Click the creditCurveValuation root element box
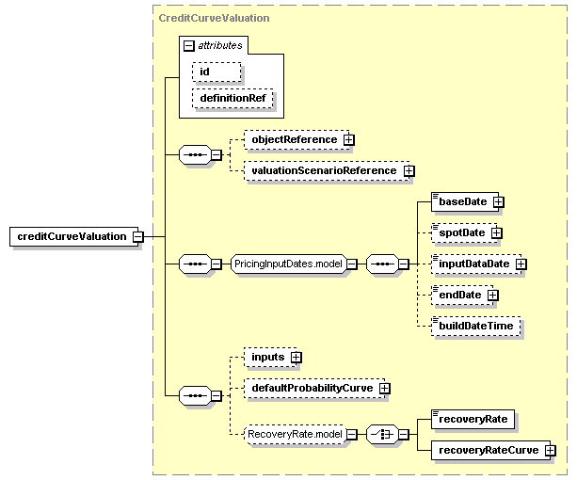click(73, 236)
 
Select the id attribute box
click(216, 72)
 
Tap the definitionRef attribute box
click(232, 98)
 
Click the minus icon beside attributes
click(188, 45)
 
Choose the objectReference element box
click(297, 140)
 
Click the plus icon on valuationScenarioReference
click(409, 171)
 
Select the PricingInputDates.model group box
click(288, 264)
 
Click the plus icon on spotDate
click(496, 233)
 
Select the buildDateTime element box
click(475, 326)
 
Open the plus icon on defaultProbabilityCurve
click(385, 389)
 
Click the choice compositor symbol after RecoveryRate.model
click(382, 435)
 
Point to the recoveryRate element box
click(473, 420)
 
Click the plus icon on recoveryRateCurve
click(550, 451)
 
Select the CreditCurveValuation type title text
click(214, 18)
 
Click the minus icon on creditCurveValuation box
click(138, 236)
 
